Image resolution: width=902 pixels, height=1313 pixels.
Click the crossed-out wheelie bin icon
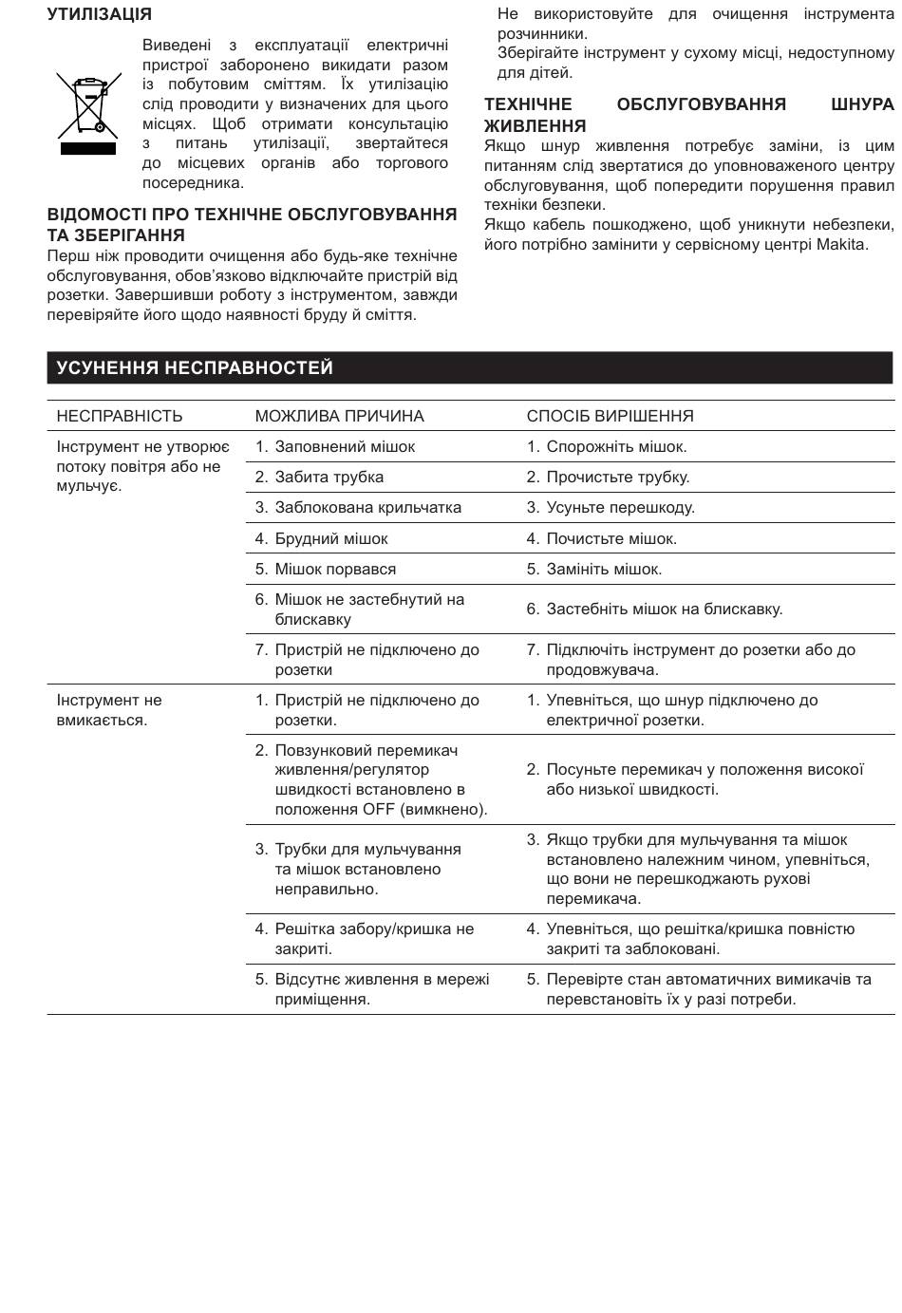[88, 113]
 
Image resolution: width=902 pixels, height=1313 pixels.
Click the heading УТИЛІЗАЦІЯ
[99, 14]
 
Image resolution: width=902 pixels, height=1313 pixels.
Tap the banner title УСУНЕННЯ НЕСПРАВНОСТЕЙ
[195, 368]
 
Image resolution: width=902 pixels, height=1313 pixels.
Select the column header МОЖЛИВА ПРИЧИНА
[339, 416]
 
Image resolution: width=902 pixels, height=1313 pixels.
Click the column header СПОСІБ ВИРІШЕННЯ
[610, 416]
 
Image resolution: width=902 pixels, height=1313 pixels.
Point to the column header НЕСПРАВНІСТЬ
[120, 416]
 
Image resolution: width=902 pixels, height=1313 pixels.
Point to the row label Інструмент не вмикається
[108, 709]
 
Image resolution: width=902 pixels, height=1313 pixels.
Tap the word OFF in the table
[379, 809]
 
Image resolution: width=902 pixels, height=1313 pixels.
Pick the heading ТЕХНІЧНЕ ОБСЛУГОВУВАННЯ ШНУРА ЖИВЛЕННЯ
[688, 114]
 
